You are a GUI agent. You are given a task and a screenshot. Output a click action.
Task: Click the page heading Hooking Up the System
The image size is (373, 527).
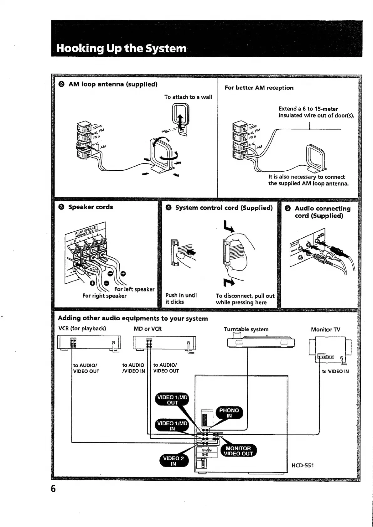(x=121, y=48)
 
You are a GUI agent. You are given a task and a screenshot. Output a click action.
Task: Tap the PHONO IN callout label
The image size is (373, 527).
(x=229, y=413)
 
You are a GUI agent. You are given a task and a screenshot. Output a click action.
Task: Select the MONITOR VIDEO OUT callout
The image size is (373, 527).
(x=238, y=451)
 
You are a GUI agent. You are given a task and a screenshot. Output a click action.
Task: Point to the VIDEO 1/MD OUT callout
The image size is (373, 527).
(x=172, y=400)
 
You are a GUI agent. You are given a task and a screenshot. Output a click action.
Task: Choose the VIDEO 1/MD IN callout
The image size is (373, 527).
(x=172, y=426)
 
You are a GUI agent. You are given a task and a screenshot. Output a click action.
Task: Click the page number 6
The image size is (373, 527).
(x=53, y=489)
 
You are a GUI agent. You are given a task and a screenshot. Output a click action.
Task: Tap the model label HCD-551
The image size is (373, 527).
(x=303, y=465)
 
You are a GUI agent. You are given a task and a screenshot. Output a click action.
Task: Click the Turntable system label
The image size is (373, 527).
(x=246, y=329)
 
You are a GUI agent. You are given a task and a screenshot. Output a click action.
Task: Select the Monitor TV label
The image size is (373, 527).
(x=325, y=329)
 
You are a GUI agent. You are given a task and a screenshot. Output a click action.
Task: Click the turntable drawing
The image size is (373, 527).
(x=261, y=342)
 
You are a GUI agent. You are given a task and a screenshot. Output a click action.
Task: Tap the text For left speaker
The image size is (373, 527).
(x=134, y=289)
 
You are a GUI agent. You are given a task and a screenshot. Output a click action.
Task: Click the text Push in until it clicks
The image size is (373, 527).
(x=181, y=298)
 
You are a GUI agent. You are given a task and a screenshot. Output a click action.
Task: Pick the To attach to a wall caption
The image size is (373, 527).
(x=188, y=97)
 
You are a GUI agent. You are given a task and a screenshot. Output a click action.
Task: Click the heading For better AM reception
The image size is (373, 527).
(x=259, y=88)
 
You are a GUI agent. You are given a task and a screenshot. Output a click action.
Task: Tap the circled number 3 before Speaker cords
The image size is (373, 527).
(x=61, y=207)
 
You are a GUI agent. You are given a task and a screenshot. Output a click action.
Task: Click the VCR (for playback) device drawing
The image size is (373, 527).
(x=89, y=343)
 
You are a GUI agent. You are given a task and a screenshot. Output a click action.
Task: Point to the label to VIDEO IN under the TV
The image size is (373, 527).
(x=335, y=371)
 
